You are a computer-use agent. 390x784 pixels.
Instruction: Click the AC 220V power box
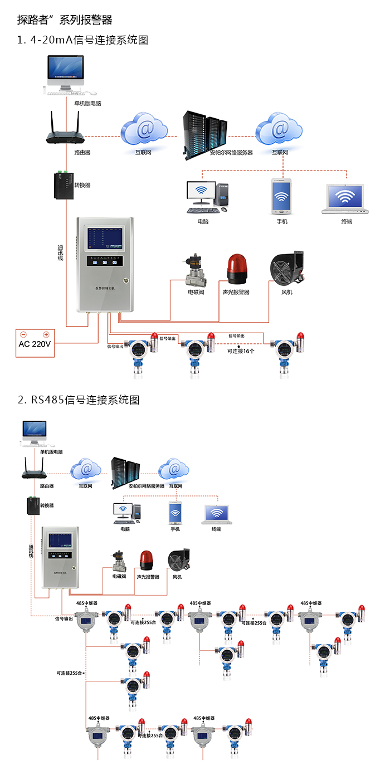pyautogui.click(x=35, y=343)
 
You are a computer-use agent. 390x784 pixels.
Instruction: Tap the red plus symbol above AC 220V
pyautogui.click(x=46, y=335)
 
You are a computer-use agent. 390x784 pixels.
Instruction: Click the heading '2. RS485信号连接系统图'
pyautogui.click(x=78, y=400)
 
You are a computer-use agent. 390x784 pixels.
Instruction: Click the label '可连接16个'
pyautogui.click(x=241, y=351)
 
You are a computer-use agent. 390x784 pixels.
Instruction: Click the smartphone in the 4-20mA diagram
pyautogui.click(x=281, y=197)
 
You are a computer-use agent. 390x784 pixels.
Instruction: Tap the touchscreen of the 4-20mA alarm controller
pyautogui.click(x=106, y=239)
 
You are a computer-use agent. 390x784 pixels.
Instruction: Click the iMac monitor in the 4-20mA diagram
pyautogui.click(x=66, y=70)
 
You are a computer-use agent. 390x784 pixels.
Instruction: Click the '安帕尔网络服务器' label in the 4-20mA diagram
pyautogui.click(x=231, y=152)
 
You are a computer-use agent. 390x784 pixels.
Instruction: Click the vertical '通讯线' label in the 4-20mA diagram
pyautogui.click(x=61, y=256)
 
